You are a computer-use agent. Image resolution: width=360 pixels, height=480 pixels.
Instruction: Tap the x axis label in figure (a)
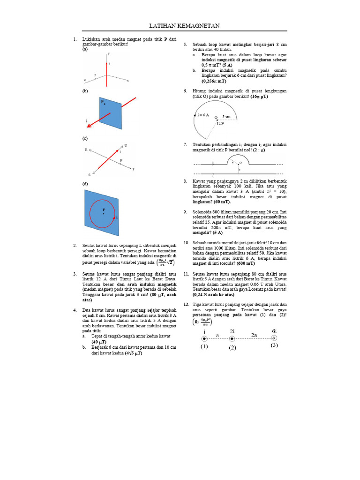pyautogui.click(x=127, y=81)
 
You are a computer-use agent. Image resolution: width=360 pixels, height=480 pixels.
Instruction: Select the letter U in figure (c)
pyautogui.click(x=126, y=146)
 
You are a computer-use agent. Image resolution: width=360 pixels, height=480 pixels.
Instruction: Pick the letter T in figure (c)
pyautogui.click(x=133, y=169)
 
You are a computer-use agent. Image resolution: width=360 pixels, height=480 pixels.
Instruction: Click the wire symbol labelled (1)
pyautogui.click(x=204, y=339)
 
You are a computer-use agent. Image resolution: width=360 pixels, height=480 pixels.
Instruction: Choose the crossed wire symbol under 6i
pyautogui.click(x=274, y=338)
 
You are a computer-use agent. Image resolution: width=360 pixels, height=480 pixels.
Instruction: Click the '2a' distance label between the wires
pyautogui.click(x=253, y=335)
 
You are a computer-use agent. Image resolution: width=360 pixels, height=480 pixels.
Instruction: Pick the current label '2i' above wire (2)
pyautogui.click(x=232, y=331)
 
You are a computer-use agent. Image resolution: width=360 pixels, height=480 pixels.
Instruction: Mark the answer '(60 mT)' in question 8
pyautogui.click(x=222, y=202)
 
